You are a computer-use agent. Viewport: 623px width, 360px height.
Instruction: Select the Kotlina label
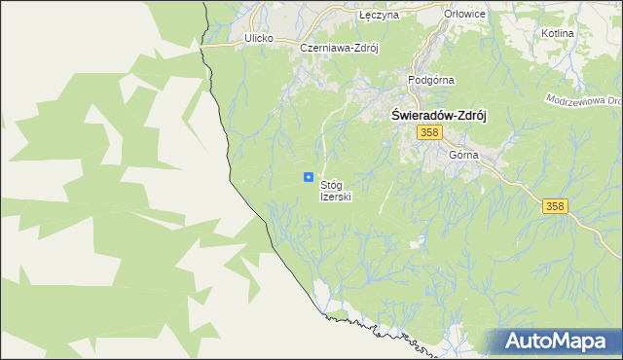pyautogui.click(x=556, y=33)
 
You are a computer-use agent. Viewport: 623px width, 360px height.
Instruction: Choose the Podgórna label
pyautogui.click(x=432, y=80)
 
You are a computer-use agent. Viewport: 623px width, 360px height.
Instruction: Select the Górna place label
pyautogui.click(x=464, y=155)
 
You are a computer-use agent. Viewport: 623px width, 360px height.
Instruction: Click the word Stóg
pyautogui.click(x=332, y=184)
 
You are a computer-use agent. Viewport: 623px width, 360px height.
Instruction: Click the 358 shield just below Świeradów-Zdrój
pyautogui.click(x=431, y=131)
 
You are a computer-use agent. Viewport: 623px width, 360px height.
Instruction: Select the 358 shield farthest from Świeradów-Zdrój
pyautogui.click(x=555, y=205)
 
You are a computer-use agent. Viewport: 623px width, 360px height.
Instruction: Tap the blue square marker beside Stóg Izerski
pyautogui.click(x=309, y=177)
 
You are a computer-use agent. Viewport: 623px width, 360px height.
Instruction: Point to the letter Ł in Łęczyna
pyautogui.click(x=363, y=17)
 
